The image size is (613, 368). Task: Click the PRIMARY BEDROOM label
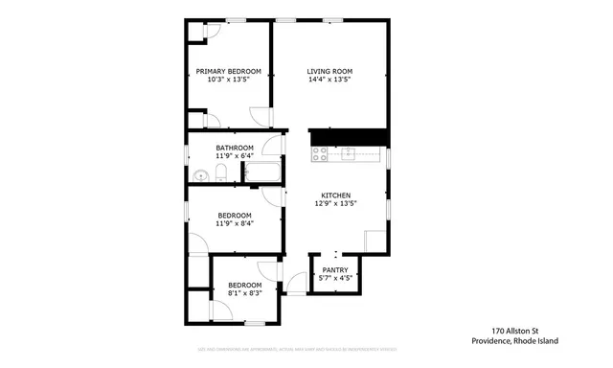(x=228, y=71)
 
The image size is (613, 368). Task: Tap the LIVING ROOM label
(x=329, y=71)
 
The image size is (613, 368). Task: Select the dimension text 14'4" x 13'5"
(x=329, y=80)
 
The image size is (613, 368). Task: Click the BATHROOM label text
(x=234, y=148)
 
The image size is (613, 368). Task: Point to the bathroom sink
(x=200, y=174)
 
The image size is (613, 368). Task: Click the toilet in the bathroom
(x=220, y=173)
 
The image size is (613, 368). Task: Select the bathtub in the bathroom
(x=261, y=173)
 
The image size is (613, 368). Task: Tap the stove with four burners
(x=319, y=152)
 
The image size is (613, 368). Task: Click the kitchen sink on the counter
(x=349, y=152)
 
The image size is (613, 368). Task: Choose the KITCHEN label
(x=335, y=195)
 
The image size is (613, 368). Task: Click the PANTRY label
(x=334, y=270)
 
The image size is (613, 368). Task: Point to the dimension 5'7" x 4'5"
(x=334, y=279)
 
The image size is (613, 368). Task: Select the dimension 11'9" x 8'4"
(x=234, y=223)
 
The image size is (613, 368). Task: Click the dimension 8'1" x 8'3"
(x=243, y=293)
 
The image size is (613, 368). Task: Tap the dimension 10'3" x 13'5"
(x=228, y=80)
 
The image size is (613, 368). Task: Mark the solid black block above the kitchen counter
(x=347, y=137)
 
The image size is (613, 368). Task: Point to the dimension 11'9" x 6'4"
(x=234, y=156)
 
